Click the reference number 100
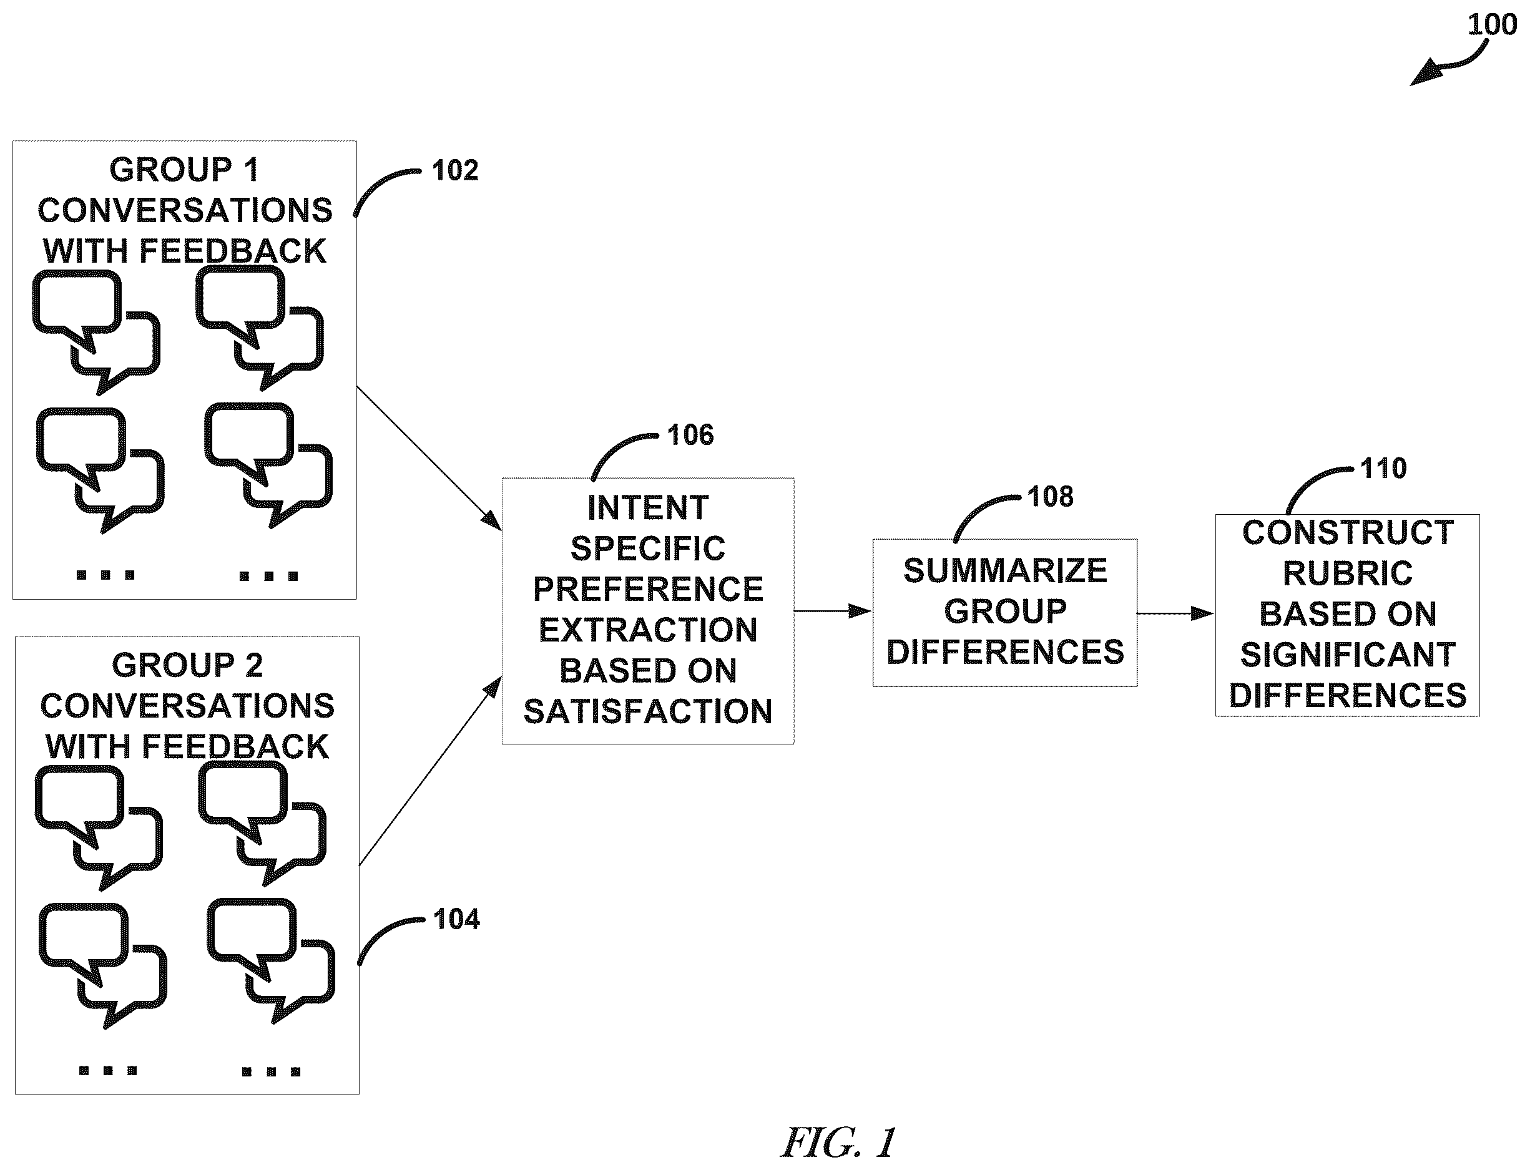click(1493, 25)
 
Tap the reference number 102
click(455, 170)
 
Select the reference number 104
click(456, 919)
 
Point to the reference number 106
click(690, 436)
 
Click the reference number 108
click(1051, 497)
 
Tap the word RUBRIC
click(1348, 574)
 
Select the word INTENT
click(648, 508)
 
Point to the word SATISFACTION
click(648, 712)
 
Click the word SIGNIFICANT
click(1348, 655)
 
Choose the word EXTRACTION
click(648, 630)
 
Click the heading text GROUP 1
click(185, 170)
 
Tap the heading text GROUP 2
click(187, 666)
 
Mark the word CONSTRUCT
click(1348, 534)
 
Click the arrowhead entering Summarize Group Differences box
click(861, 612)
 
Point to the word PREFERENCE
click(648, 589)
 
